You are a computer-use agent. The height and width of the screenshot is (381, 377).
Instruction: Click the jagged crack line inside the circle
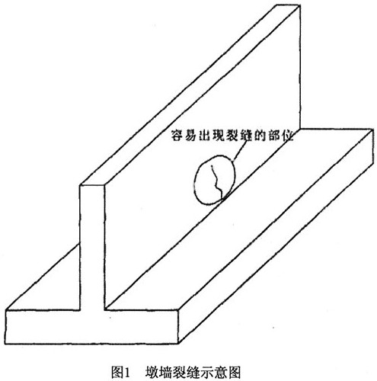coord(216,181)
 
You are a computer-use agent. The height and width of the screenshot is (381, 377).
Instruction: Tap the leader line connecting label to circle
coord(239,150)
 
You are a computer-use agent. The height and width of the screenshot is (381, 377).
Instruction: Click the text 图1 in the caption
coord(121,372)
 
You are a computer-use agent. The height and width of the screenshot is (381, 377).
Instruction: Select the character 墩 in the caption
coord(152,373)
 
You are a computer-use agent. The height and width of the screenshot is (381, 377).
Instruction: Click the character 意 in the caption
coord(221,373)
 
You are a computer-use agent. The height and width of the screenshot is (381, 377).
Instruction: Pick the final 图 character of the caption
coord(234,373)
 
